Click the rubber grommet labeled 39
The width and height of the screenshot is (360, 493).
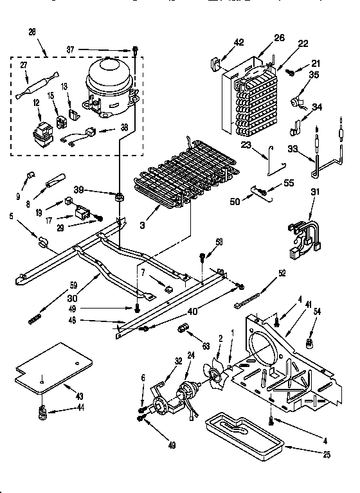(119, 195)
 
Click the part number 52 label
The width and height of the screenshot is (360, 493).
(281, 272)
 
